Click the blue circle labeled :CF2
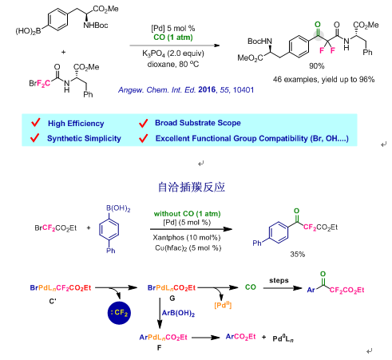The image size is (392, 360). pos(119,313)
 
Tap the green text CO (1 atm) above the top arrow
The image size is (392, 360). pos(173,38)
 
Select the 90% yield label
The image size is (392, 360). pos(316,66)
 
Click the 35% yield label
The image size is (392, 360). pos(298,255)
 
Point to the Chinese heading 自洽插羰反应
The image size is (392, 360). pos(192,187)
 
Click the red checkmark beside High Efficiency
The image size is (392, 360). pos(35,123)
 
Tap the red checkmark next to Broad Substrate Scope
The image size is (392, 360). pos(143,123)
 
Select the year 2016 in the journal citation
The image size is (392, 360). pos(207,90)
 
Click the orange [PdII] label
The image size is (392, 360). pos(223,305)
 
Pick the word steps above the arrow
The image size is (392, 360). pos(279,280)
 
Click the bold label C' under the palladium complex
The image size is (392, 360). pos(53,302)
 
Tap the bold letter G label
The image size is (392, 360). pos(172,299)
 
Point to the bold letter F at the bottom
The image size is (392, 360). pos(159,348)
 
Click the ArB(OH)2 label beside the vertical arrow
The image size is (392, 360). pos(178,313)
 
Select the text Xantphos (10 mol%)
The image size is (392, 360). pos(187,237)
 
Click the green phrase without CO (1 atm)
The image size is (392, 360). pos(187,214)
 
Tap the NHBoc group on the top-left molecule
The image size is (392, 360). pos(96,26)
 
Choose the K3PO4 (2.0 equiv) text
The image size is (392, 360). pos(173,53)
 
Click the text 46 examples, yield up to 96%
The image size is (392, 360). pos(323,80)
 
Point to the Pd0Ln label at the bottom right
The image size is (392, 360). pos(283,338)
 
